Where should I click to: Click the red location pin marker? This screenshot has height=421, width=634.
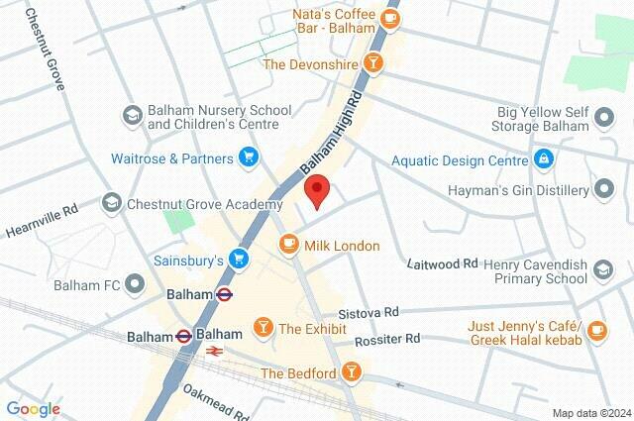(316, 188)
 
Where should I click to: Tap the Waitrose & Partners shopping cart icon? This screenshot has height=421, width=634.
(249, 158)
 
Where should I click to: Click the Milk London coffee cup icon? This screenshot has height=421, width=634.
(289, 244)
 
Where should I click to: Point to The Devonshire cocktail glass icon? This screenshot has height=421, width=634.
(372, 64)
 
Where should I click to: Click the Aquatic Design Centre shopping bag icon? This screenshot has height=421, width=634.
(543, 158)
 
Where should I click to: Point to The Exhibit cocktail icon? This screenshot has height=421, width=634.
(264, 327)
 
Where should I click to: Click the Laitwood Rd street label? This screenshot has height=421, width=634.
(443, 263)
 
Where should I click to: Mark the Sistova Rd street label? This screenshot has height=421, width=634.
(368, 311)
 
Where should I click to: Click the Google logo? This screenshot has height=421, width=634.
(33, 408)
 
